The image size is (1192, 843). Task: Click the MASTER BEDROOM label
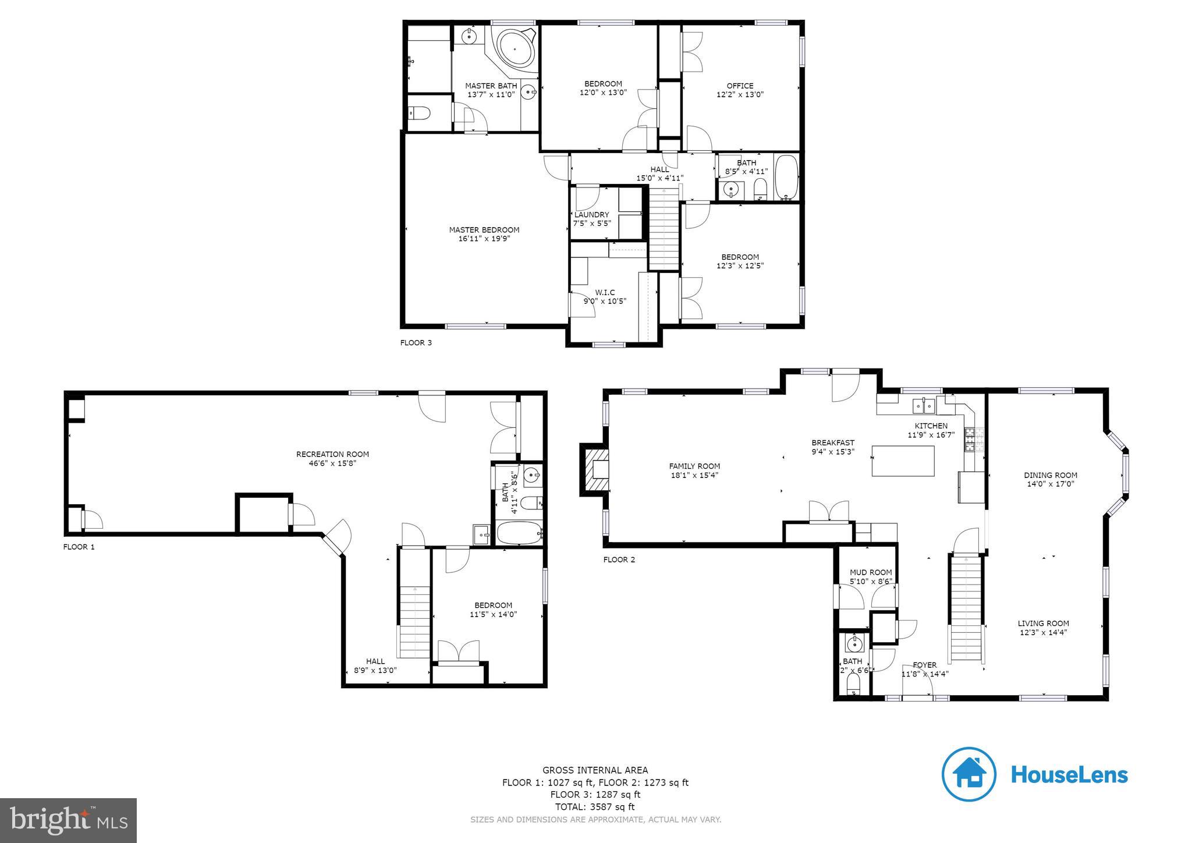pyautogui.click(x=484, y=230)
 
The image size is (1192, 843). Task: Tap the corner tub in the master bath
pyautogui.click(x=515, y=51)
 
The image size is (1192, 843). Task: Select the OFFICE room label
pyautogui.click(x=740, y=86)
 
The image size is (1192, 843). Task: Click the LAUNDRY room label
pyautogui.click(x=591, y=215)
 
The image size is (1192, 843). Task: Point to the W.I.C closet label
pyautogui.click(x=605, y=293)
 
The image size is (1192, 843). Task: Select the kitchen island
pyautogui.click(x=902, y=461)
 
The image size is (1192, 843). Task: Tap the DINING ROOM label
pyautogui.click(x=1050, y=475)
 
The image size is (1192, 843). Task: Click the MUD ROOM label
pyautogui.click(x=870, y=572)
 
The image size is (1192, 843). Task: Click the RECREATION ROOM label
pyautogui.click(x=332, y=455)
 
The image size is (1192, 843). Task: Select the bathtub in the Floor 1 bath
pyautogui.click(x=519, y=533)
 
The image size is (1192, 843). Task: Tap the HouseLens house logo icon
pyautogui.click(x=969, y=774)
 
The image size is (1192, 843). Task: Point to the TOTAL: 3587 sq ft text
pyautogui.click(x=595, y=807)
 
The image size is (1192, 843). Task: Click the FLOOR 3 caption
pyautogui.click(x=416, y=343)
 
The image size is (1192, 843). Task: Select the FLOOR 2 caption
pyautogui.click(x=619, y=560)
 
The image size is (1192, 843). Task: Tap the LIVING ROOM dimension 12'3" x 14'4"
pyautogui.click(x=1042, y=632)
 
